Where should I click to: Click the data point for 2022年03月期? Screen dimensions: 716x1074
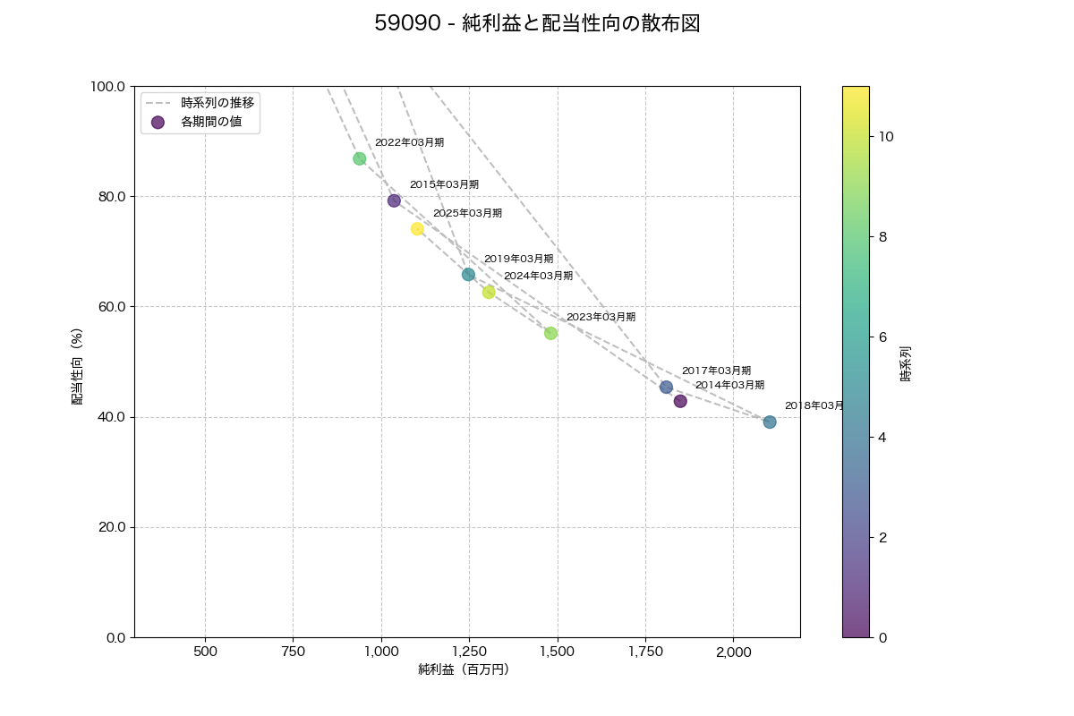[359, 158]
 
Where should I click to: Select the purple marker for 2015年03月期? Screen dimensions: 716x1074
[394, 200]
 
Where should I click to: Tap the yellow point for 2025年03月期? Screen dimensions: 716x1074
[417, 229]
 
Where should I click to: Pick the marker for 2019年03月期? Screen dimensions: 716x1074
[468, 275]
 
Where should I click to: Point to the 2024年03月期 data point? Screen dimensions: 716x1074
[489, 293]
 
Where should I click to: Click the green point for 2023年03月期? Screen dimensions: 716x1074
[550, 333]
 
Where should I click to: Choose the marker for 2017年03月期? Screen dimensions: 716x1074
[666, 388]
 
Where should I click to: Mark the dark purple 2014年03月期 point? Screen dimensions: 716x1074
[680, 401]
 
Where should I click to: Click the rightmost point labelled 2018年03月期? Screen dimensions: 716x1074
[770, 422]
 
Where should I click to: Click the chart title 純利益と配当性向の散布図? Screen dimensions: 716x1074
[537, 24]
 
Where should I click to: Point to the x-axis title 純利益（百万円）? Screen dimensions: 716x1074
[464, 669]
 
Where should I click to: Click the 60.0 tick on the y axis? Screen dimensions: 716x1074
[110, 307]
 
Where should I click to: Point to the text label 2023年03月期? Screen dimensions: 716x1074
[601, 317]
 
